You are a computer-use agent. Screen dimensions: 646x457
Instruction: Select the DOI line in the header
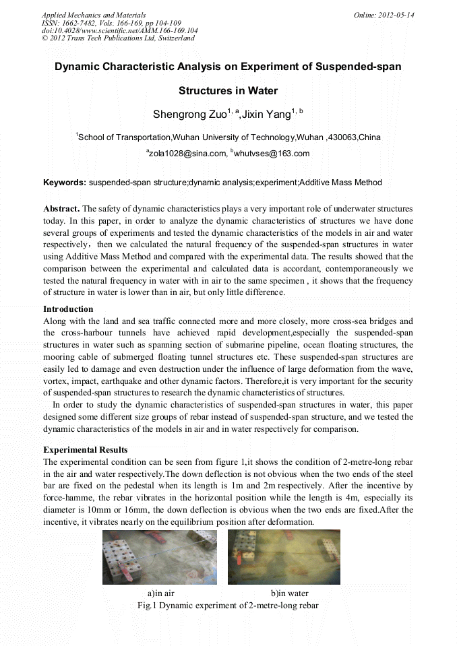point(120,30)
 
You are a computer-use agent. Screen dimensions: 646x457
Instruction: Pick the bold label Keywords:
point(65,183)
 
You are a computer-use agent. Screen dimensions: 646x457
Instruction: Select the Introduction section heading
point(68,309)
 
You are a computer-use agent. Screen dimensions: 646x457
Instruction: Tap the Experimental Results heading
point(85,450)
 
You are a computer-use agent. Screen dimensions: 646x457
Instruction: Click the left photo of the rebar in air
point(159,556)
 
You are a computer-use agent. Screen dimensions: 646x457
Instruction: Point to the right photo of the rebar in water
point(283,556)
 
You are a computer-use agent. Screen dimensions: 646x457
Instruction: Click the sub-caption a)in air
point(161,593)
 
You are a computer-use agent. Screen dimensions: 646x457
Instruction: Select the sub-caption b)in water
point(289,593)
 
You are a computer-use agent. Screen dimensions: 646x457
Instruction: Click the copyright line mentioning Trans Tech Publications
point(118,38)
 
